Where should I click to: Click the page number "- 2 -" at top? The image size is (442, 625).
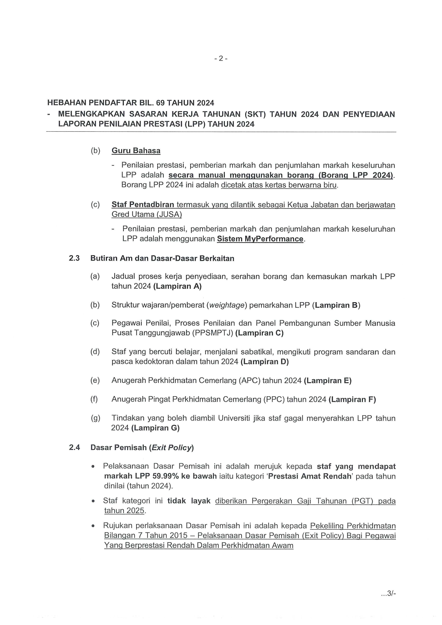[221, 58]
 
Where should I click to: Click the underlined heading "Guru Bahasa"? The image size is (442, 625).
[136, 151]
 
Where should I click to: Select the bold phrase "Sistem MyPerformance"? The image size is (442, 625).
[260, 239]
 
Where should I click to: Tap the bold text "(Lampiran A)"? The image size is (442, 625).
[177, 286]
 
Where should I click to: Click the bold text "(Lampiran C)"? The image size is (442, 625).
[259, 333]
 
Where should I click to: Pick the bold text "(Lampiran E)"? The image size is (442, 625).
[328, 380]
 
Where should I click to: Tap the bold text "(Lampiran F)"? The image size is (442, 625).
[352, 399]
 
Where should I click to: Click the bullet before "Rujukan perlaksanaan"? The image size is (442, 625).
[93, 526]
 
